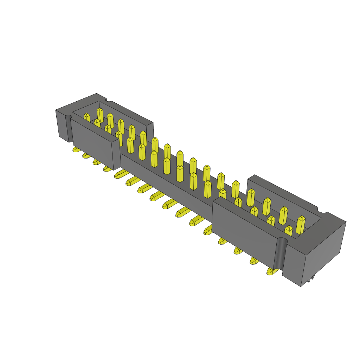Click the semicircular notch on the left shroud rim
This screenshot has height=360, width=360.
(x=109, y=100)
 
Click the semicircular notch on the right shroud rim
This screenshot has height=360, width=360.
(x=322, y=210)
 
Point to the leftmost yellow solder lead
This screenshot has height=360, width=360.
(x=76, y=149)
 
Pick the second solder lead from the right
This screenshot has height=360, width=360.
(x=254, y=261)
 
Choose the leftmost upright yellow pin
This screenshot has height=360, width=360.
(x=87, y=117)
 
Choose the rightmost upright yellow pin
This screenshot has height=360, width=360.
(x=300, y=225)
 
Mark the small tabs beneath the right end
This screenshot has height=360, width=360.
(x=310, y=278)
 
